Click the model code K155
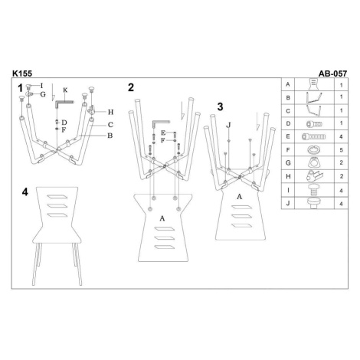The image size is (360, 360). pos(22,74)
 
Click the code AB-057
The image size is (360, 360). pos(332,74)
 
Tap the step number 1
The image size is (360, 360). pos(21,88)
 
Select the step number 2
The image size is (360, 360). pos(131,87)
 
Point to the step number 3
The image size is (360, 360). pos(220,106)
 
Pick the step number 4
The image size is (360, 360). pos(25,192)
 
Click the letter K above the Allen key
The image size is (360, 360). pos(65,90)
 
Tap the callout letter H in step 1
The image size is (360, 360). pos(110,112)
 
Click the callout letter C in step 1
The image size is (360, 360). pos(110,125)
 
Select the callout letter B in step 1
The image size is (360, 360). pos(110,136)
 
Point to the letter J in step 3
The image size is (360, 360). pos(228,125)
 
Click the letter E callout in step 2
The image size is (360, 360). pos(163,133)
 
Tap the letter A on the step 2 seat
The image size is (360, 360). pos(162,218)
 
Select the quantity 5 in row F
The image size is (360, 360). pos(342,150)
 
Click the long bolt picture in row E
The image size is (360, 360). pos(314,136)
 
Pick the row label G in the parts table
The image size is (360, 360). pos(288,162)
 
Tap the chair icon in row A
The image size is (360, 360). pos(314,84)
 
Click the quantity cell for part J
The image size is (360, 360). pos(341,204)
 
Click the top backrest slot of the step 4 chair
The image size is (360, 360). pos(57,197)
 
